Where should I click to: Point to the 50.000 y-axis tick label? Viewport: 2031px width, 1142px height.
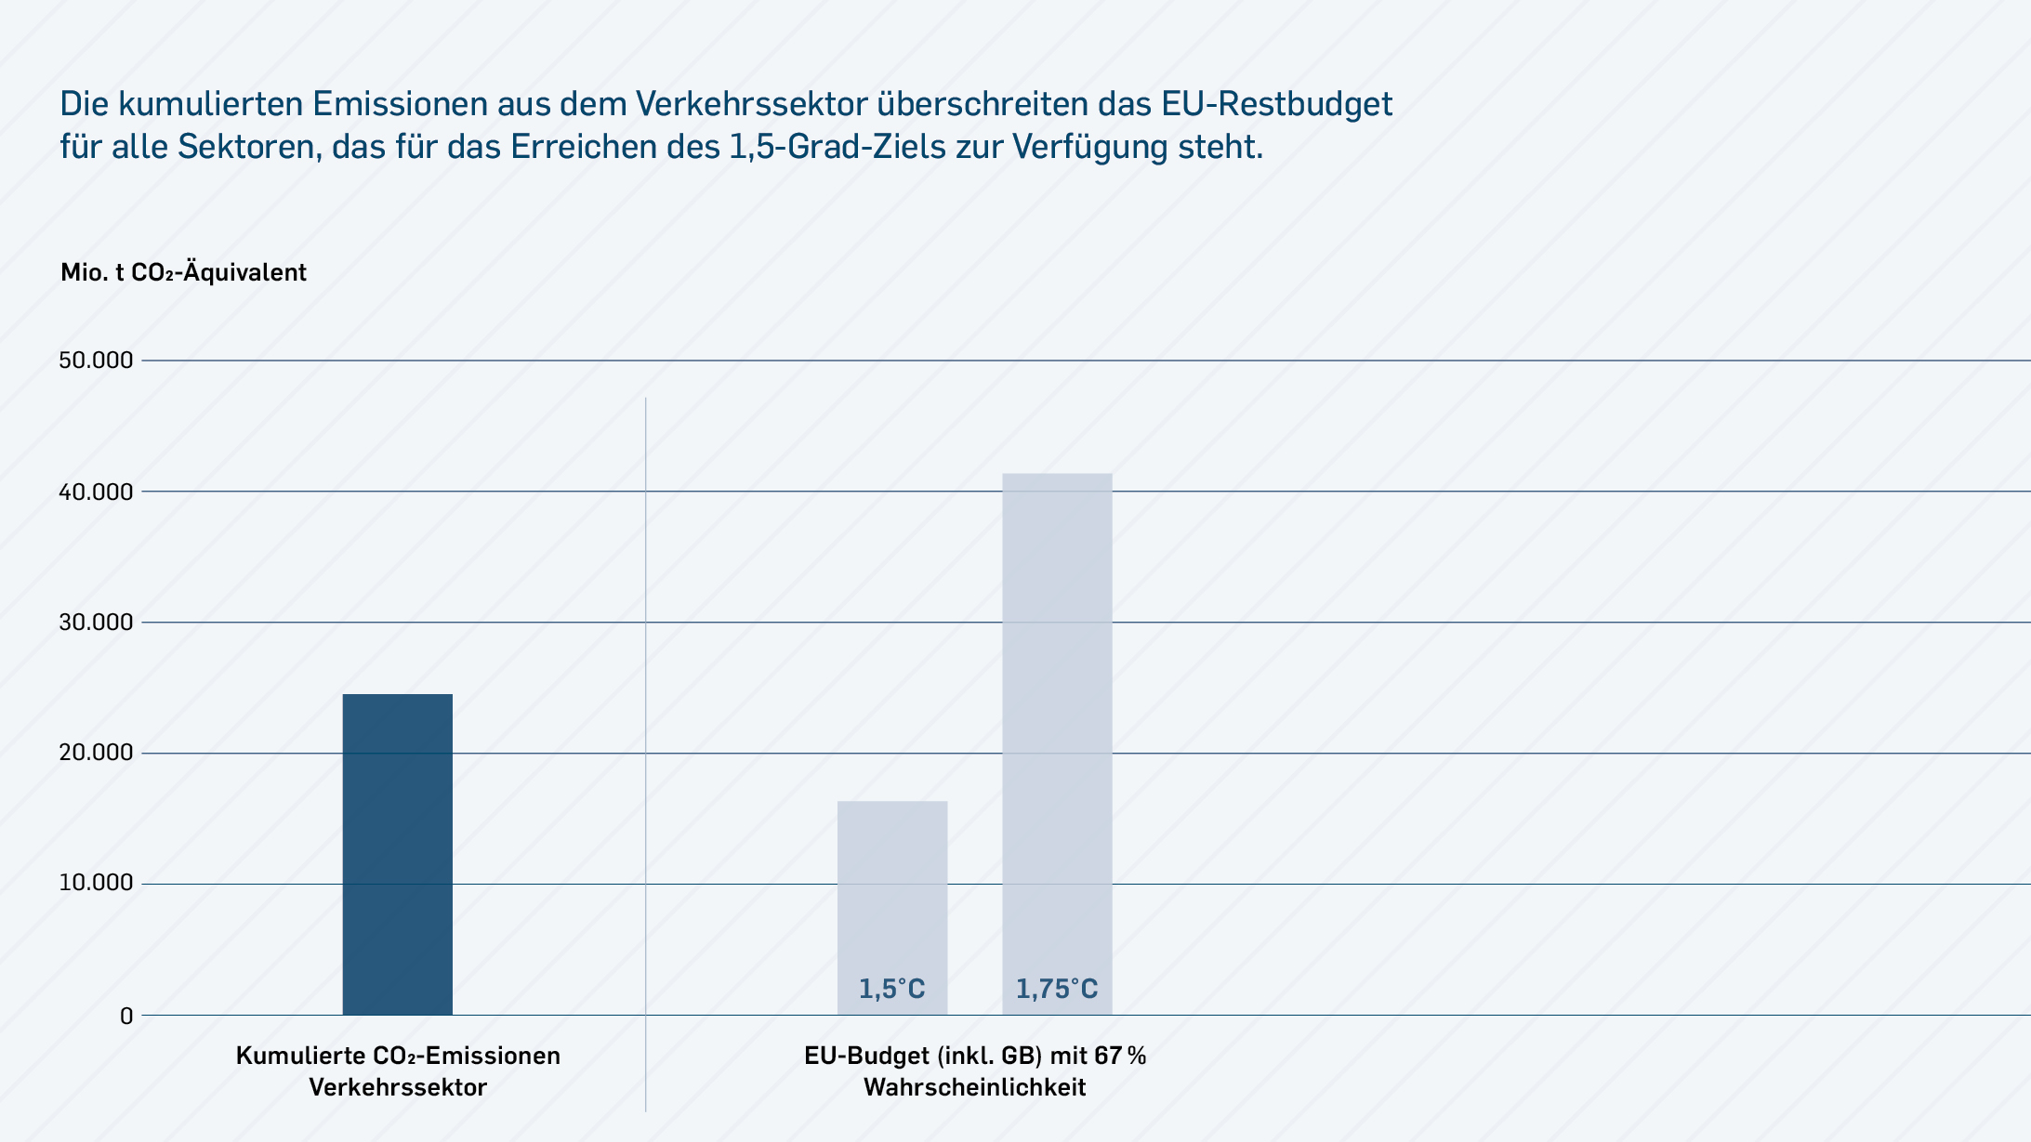point(96,361)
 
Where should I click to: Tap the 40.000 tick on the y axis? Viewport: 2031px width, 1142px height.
point(96,492)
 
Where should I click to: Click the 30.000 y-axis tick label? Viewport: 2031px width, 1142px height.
point(96,623)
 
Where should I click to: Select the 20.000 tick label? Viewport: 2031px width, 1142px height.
point(96,753)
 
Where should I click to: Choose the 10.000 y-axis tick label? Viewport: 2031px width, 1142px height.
point(96,883)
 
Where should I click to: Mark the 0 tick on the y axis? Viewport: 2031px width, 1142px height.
point(126,1016)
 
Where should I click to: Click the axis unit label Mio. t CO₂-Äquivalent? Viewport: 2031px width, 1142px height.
point(183,272)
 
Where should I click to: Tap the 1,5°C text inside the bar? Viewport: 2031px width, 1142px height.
point(891,989)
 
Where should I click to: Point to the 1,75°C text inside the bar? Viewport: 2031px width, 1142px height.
point(1056,989)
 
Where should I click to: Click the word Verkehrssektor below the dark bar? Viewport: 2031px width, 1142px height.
point(398,1087)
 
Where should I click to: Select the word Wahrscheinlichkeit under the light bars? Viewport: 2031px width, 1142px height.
point(974,1087)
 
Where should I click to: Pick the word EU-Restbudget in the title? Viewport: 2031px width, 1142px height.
point(1276,104)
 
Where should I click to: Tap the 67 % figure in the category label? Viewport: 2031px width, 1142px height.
point(1120,1056)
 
